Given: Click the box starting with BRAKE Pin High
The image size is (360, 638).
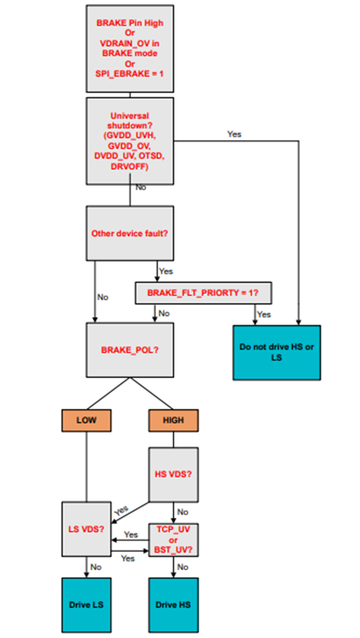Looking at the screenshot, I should [x=130, y=49].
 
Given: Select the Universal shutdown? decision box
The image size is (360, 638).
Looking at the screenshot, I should [x=130, y=140].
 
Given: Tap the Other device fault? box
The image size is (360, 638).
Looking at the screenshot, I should [x=130, y=233].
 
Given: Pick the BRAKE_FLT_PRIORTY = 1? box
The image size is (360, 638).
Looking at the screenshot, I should [x=203, y=293].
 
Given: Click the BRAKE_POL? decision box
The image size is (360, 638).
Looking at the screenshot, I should [x=130, y=350].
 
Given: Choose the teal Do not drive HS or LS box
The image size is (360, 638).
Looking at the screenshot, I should [x=276, y=352].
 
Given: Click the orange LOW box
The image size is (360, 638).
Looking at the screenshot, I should [x=86, y=419].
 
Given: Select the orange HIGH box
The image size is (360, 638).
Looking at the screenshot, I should [x=174, y=419].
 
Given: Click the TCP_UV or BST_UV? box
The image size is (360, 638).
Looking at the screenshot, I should [x=174, y=539].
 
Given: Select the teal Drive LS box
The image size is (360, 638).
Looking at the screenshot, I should [x=86, y=605].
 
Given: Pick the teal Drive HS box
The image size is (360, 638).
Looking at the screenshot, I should [x=174, y=605].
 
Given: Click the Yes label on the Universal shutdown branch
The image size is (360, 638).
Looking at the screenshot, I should [x=234, y=133].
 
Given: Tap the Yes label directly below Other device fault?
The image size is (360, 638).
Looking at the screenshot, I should [x=165, y=271].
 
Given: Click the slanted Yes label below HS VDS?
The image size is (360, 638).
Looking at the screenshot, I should [x=122, y=510].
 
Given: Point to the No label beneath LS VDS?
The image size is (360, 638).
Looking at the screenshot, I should [x=96, y=567].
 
